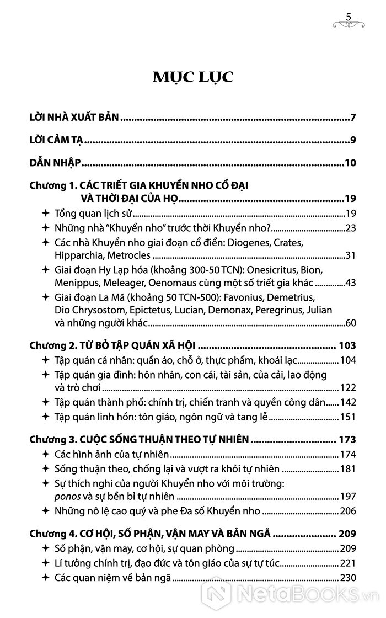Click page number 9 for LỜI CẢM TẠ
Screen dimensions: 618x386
(x=353, y=140)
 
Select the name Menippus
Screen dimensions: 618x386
(x=76, y=283)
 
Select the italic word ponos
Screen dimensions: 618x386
(x=67, y=496)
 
